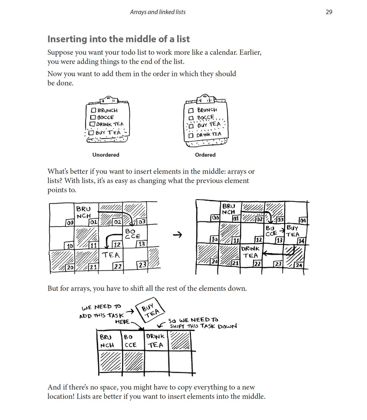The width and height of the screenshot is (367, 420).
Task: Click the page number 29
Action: click(x=329, y=12)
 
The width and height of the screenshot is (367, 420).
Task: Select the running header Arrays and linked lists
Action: click(x=157, y=12)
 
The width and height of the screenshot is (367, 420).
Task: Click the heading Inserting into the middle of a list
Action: click(x=118, y=39)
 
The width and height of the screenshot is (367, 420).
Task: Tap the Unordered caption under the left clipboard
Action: click(x=105, y=155)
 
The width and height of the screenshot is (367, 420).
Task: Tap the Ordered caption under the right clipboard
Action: click(x=205, y=155)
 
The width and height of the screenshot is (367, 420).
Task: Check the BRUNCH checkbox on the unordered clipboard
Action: click(x=93, y=110)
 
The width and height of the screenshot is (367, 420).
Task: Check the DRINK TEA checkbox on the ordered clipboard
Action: click(x=191, y=135)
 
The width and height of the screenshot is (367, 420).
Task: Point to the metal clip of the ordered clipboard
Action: click(x=205, y=99)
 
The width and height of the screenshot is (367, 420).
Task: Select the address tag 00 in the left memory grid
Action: click(x=70, y=222)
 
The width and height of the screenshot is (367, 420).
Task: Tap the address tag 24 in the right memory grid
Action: click(x=299, y=265)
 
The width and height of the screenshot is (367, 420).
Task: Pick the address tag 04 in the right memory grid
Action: click(x=302, y=221)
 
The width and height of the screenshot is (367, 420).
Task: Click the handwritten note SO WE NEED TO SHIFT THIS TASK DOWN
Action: click(x=203, y=323)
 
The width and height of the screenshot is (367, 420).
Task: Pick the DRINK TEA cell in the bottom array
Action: click(x=155, y=341)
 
